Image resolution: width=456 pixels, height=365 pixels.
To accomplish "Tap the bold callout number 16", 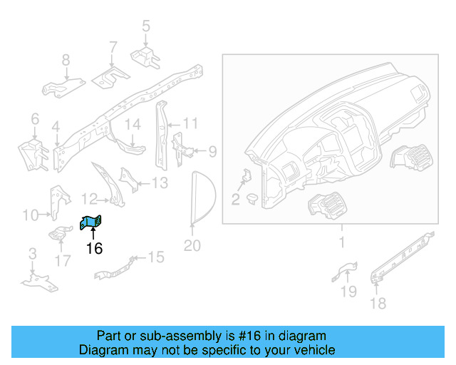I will pyautogui.click(x=94, y=248).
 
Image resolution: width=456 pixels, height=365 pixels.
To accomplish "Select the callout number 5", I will pyautogui.click(x=146, y=26).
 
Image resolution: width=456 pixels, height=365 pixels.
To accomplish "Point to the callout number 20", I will pyautogui.click(x=192, y=246).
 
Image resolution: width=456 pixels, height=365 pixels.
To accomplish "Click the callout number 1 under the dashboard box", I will pyautogui.click(x=341, y=243).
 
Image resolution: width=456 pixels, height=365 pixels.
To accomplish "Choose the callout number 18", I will pyautogui.click(x=378, y=304).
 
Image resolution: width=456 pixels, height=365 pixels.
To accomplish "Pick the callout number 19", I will pyautogui.click(x=348, y=291).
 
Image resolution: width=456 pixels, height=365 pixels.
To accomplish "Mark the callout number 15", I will pyautogui.click(x=155, y=257).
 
